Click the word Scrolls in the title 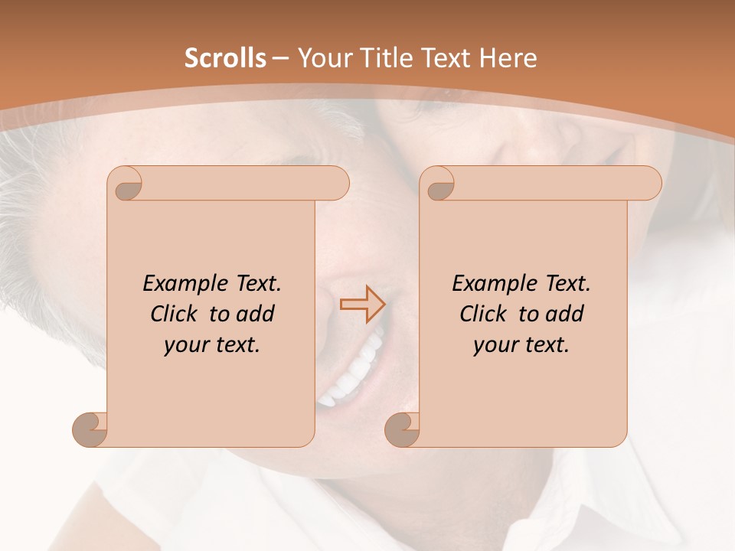point(226,58)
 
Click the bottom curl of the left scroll point(90,429)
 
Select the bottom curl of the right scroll point(402,429)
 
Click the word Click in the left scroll point(173,315)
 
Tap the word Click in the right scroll point(482,315)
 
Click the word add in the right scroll point(567,315)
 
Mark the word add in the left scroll point(257,315)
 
